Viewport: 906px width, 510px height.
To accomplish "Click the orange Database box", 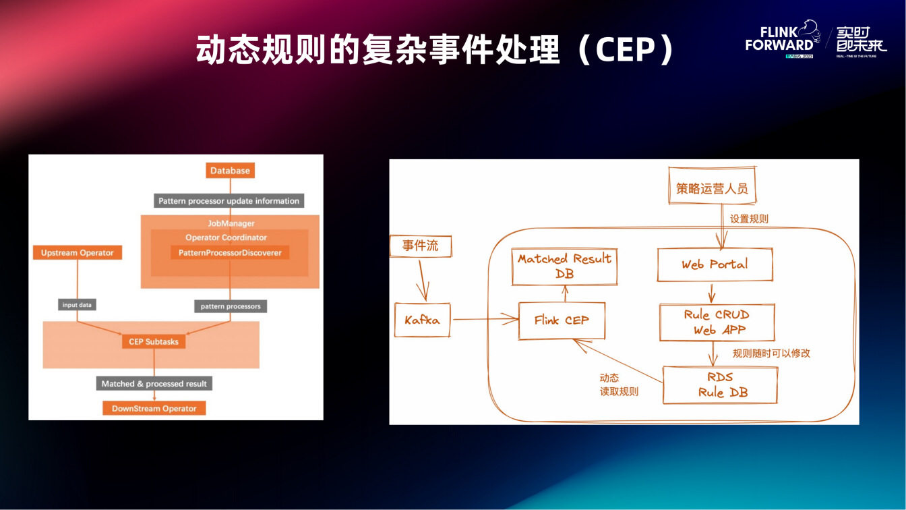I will point(230,171).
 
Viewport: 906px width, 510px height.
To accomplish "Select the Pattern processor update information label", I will point(229,201).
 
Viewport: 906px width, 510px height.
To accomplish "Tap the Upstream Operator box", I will point(77,253).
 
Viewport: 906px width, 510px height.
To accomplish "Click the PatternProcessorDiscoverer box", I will point(230,253).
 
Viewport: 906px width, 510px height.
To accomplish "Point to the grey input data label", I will point(77,305).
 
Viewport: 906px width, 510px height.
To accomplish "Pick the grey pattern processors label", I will point(231,306).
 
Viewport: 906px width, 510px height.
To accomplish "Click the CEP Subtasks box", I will point(154,342).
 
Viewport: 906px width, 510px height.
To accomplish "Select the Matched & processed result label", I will point(154,384).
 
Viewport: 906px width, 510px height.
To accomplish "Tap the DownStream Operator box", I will point(154,408).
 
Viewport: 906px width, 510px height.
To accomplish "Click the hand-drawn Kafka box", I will point(422,320).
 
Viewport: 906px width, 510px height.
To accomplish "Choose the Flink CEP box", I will point(562,320).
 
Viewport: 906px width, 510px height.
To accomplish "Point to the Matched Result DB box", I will point(564,266).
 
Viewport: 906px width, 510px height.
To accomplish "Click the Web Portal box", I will point(715,264).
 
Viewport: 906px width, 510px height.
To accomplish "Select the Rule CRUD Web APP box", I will point(717,322).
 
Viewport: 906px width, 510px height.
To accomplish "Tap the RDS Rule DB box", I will point(720,385).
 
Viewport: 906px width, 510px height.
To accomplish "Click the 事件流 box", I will point(421,246).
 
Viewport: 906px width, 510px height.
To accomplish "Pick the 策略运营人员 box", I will point(713,188).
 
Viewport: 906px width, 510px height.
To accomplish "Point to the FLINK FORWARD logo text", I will point(779,39).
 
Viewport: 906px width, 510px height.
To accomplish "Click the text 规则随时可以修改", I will point(771,353).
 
